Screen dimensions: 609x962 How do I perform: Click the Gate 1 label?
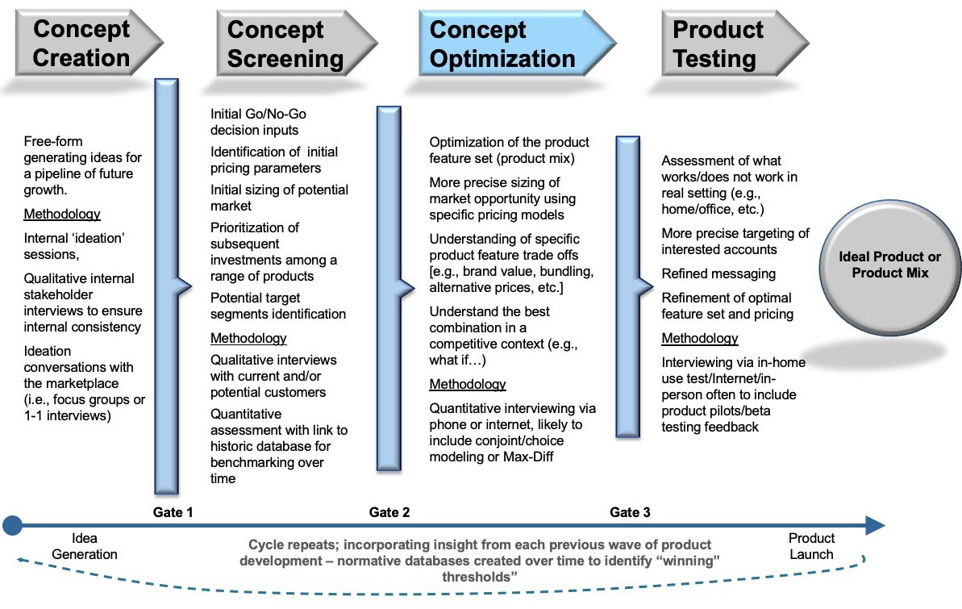point(173,512)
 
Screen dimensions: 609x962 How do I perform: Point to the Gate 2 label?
point(389,512)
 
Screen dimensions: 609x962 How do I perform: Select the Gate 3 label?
point(630,512)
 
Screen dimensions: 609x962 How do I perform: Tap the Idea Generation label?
point(84,546)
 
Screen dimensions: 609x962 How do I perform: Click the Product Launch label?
point(811,546)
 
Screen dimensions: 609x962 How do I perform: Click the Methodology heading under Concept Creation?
point(62,215)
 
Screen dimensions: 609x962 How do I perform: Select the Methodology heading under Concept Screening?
point(248,338)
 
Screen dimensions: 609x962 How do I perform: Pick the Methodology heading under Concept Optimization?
point(468,384)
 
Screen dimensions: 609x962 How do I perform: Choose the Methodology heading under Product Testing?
point(700,338)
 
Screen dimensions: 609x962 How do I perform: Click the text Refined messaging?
point(718,273)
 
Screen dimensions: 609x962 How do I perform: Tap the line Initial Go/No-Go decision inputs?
point(267,122)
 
